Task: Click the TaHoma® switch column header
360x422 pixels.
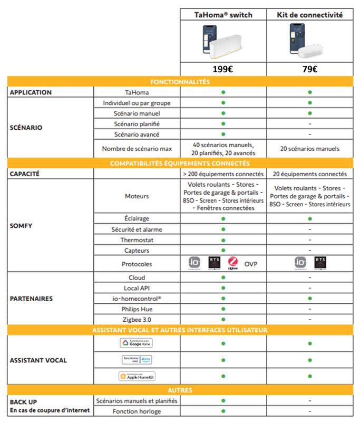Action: (223, 15)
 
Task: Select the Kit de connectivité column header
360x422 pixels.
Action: (310, 15)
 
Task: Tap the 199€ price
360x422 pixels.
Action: (223, 69)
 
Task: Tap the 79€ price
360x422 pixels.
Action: (310, 69)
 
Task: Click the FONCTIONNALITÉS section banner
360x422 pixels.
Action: (180, 82)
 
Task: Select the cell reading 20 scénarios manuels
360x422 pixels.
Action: (310, 149)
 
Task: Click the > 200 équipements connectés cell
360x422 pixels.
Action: (223, 174)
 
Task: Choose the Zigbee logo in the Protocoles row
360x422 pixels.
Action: (233, 263)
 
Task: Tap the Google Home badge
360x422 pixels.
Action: (137, 343)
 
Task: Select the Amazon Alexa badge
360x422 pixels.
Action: (137, 360)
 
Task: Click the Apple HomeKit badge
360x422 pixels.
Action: (137, 376)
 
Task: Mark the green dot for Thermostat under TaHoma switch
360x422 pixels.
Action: (223, 240)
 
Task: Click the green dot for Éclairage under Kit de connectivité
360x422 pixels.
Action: (310, 218)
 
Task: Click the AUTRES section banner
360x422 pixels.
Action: (180, 390)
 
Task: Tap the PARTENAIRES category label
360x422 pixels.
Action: (32, 299)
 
